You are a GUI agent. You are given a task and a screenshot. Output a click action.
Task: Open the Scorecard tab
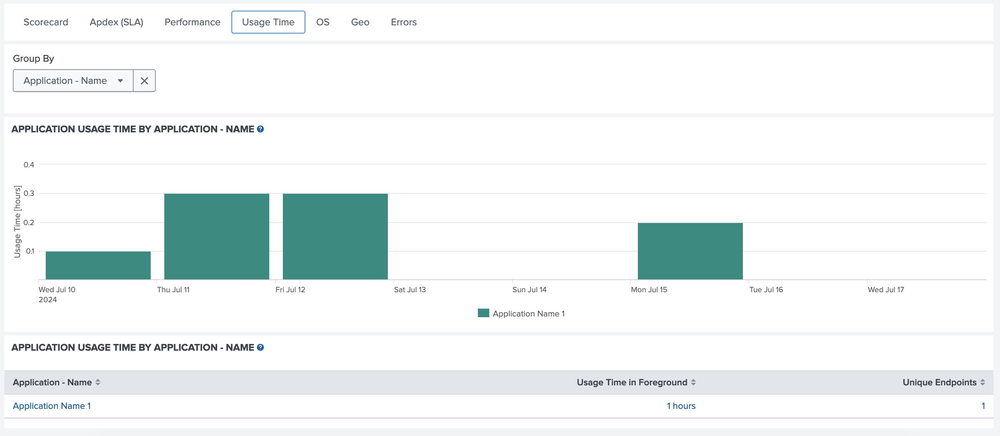[x=46, y=22]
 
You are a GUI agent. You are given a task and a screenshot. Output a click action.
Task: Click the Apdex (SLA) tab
[x=116, y=22]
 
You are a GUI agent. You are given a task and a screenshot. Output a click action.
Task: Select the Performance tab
[x=192, y=22]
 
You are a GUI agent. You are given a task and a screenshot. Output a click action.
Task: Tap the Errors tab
[x=403, y=22]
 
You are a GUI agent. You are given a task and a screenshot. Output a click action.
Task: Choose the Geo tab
[x=360, y=22]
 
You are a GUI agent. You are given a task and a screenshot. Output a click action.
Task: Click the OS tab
[x=322, y=22]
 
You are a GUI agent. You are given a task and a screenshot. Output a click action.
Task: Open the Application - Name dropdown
[x=73, y=81]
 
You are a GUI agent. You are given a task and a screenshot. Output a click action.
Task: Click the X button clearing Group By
[x=144, y=81]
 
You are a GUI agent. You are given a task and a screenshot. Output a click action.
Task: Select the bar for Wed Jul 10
[x=98, y=265]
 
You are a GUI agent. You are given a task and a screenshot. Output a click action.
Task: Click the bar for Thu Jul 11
[x=217, y=236]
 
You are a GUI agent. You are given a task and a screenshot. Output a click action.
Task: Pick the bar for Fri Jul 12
[x=335, y=236]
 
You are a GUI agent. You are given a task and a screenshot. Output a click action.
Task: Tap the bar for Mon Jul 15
[x=690, y=251]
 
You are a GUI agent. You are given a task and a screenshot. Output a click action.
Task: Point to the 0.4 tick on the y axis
[x=29, y=164]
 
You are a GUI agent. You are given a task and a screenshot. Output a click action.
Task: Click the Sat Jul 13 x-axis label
[x=410, y=289]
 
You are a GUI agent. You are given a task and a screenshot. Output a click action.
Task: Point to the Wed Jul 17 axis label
[x=885, y=289]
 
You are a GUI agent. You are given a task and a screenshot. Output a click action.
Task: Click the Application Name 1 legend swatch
[x=483, y=313]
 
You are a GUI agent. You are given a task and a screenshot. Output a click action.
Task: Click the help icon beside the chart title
[x=260, y=129]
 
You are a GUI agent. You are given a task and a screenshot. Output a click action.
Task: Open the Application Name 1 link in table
[x=52, y=406]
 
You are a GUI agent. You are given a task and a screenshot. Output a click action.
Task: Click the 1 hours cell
[x=681, y=406]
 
